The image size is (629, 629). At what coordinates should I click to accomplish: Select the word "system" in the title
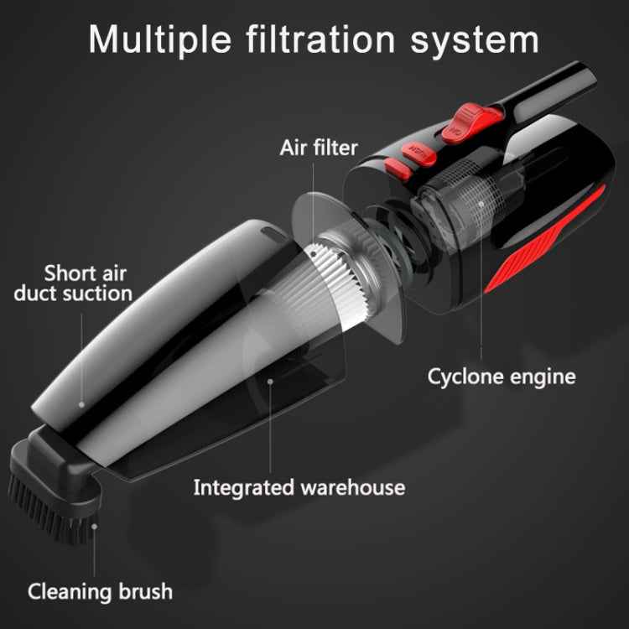tap(476, 39)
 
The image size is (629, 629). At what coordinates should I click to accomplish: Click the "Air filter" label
tap(319, 149)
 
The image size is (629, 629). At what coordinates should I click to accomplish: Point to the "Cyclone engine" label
tap(502, 376)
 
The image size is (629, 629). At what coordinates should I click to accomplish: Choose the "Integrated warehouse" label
tap(299, 487)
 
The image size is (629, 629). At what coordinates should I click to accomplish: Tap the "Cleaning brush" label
tap(100, 590)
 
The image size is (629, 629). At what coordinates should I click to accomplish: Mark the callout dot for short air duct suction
tap(81, 403)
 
